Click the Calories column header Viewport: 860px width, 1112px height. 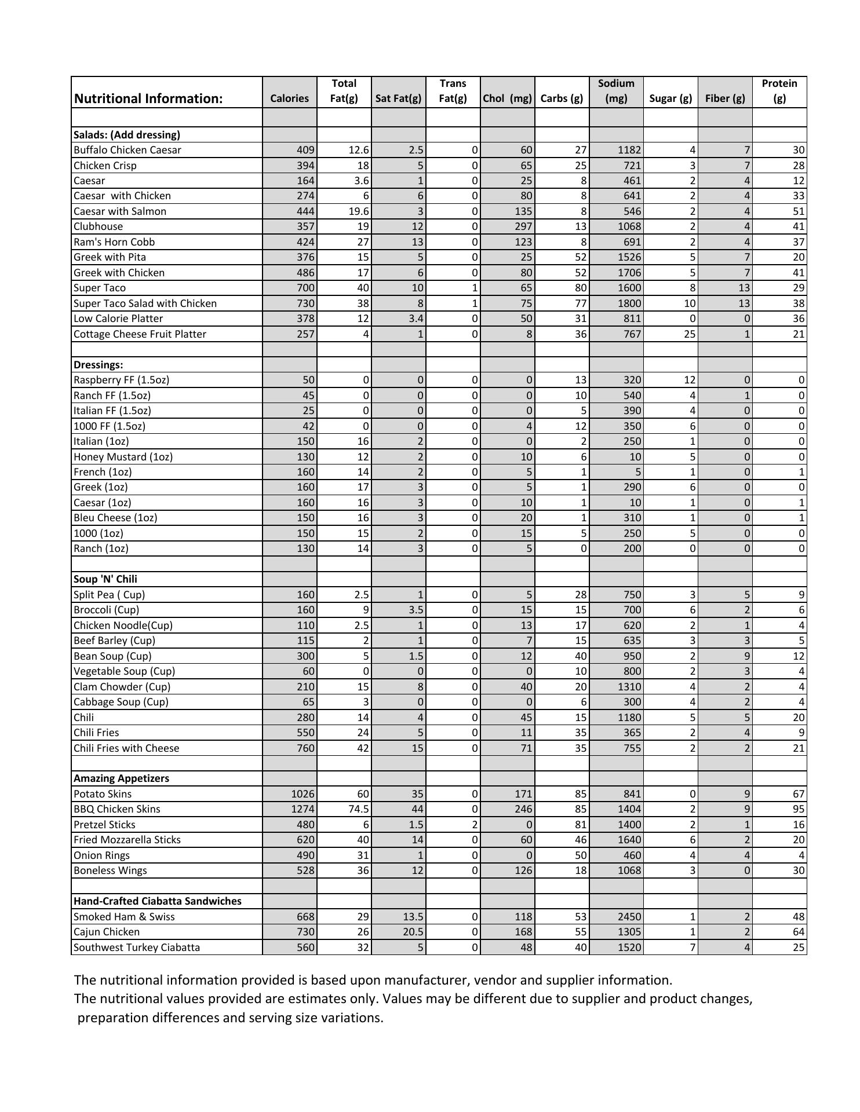(289, 98)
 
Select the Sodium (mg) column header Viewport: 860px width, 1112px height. (616, 91)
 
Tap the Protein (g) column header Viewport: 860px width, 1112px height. (779, 91)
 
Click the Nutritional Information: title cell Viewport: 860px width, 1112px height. (148, 98)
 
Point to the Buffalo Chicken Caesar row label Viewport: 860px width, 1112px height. (127, 150)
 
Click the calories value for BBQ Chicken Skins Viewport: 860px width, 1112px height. (303, 809)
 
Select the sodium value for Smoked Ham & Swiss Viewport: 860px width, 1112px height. (629, 917)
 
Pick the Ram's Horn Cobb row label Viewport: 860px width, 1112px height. (114, 242)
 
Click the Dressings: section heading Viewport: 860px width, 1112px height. (99, 365)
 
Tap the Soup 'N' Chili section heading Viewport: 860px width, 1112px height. (105, 579)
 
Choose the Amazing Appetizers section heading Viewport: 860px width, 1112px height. (122, 778)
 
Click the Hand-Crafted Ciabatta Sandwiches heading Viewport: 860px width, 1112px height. (158, 901)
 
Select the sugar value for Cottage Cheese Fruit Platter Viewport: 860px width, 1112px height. (689, 334)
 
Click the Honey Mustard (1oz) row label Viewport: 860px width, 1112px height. (123, 457)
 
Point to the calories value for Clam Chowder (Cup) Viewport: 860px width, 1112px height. (305, 687)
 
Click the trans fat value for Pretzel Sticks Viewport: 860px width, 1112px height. (475, 825)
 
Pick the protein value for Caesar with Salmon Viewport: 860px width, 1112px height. (798, 211)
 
